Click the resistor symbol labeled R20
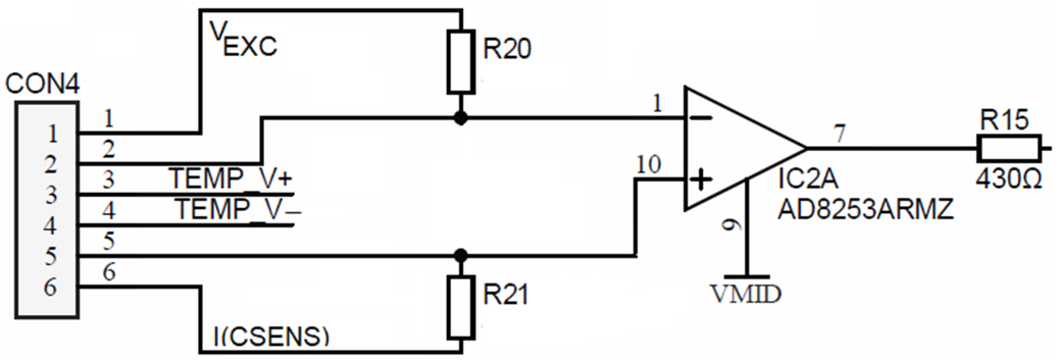pos(461,62)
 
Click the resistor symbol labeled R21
pos(461,307)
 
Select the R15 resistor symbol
pos(1009,148)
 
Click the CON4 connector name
pos(42,85)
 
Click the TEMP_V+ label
pos(231,179)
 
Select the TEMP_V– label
pos(237,209)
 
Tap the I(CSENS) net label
pos(270,337)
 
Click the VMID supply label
pos(746,294)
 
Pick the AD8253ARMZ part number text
pos(865,210)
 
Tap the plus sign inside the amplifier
pos(701,179)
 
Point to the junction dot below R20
pos(461,119)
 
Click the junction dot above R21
pos(461,254)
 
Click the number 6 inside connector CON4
pos(50,288)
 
